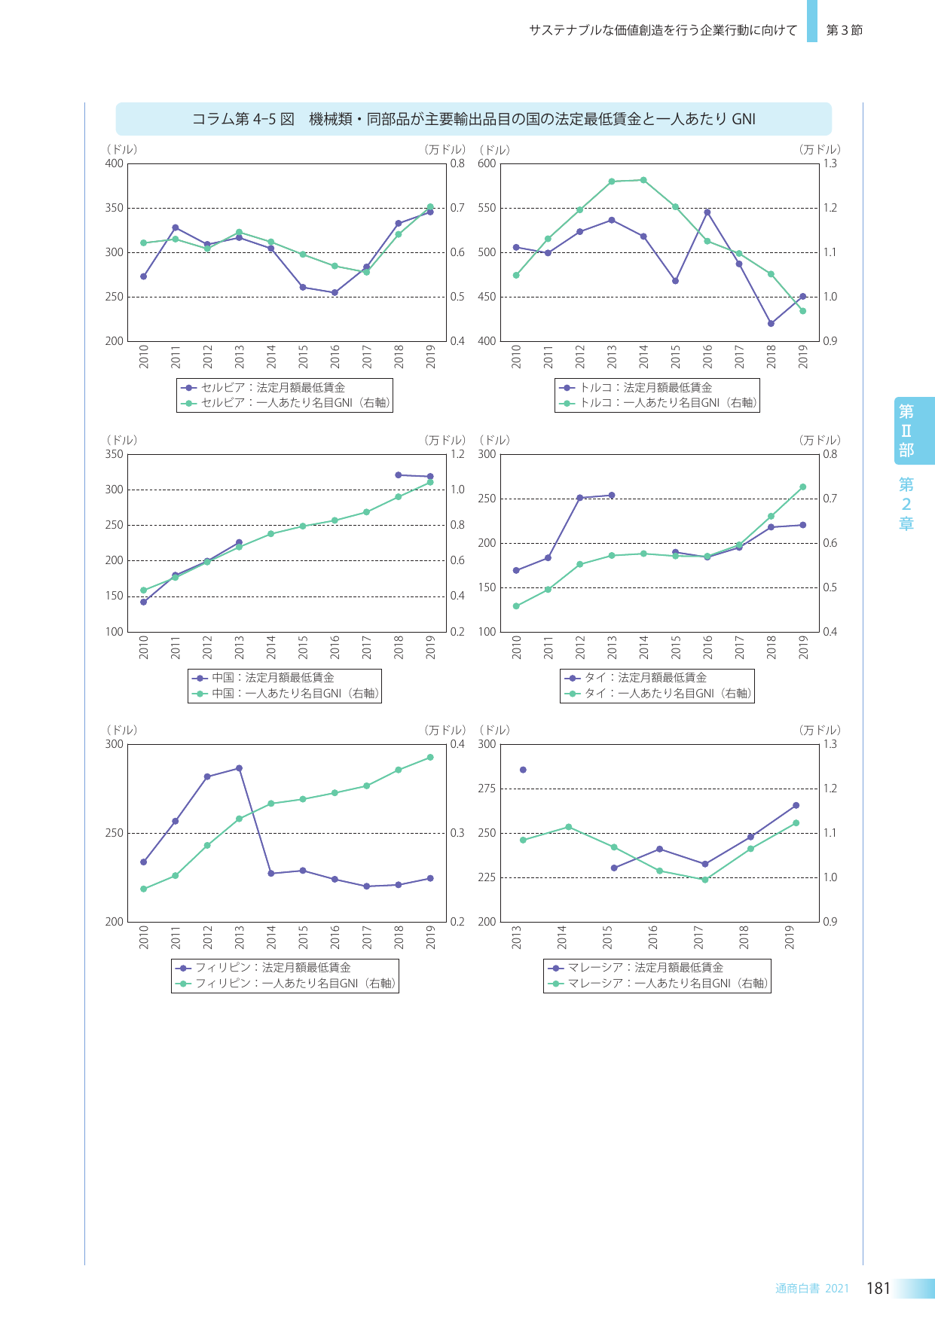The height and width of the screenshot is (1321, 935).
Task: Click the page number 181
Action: [878, 1288]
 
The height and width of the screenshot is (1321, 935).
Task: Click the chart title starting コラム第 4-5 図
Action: [473, 119]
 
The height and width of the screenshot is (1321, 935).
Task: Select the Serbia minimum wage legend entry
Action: [272, 387]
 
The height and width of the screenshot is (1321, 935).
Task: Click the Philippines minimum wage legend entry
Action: [272, 968]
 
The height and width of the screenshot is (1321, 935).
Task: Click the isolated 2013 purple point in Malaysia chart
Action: [523, 770]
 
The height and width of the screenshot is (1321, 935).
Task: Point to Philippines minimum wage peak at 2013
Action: [239, 768]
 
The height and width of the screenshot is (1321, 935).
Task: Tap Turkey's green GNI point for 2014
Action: [643, 180]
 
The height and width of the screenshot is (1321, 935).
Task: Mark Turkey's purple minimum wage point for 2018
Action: [771, 324]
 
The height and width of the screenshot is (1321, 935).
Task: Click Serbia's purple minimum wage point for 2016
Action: [335, 292]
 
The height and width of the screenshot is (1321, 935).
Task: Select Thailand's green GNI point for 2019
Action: [802, 487]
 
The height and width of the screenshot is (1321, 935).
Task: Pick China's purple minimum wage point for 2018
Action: [398, 474]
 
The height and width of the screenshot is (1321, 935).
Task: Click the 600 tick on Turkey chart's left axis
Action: [487, 163]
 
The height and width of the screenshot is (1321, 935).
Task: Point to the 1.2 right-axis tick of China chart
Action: [457, 454]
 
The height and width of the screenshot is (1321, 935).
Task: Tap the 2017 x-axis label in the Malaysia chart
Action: [698, 938]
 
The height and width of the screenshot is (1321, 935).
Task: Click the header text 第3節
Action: [844, 30]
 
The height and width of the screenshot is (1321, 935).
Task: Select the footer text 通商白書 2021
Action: [811, 1289]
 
